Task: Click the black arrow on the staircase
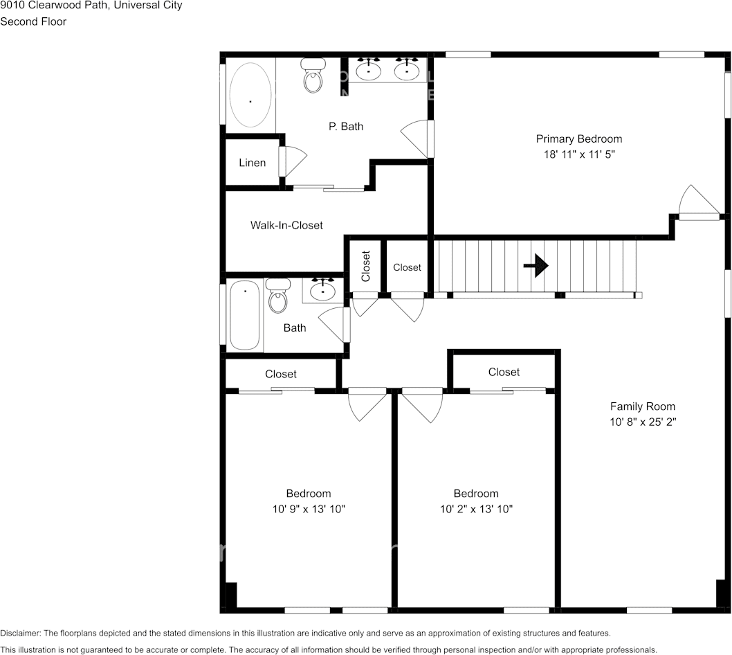click(536, 265)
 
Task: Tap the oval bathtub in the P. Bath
click(250, 96)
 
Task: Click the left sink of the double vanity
click(368, 69)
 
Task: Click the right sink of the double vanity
click(407, 69)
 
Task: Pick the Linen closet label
click(252, 163)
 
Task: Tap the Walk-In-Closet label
click(286, 225)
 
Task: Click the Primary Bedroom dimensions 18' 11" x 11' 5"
click(578, 154)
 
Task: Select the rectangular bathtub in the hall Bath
click(244, 315)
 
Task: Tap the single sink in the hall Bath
click(322, 290)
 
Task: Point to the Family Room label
click(642, 406)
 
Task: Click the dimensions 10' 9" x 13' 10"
click(309, 509)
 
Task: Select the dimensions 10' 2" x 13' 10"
click(476, 509)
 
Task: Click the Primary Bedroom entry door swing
click(695, 203)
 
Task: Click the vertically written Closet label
click(366, 265)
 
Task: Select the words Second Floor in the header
click(33, 21)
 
